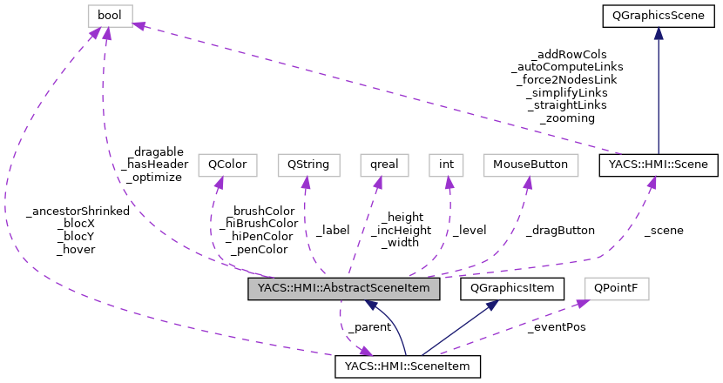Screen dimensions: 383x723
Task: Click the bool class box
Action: tap(110, 15)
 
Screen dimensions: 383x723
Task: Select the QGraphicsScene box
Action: tap(659, 15)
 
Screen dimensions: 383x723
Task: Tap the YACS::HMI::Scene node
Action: tap(659, 165)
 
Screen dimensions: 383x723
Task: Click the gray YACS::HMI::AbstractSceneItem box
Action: tap(344, 289)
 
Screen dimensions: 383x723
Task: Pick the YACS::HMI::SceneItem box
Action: tap(408, 366)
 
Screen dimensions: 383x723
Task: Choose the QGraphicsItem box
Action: tap(517, 286)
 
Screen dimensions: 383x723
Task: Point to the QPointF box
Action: tap(616, 286)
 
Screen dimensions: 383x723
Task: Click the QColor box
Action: tap(222, 165)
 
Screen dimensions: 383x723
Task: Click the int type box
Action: tap(446, 165)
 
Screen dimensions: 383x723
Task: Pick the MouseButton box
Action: tap(530, 165)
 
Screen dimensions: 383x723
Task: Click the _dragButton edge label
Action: tap(560, 231)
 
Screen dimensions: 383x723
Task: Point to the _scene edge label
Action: tap(663, 231)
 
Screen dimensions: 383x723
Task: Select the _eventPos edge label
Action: tap(556, 326)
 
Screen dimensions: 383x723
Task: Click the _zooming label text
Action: tap(567, 118)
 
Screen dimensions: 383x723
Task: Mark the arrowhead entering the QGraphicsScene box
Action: tap(659, 33)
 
